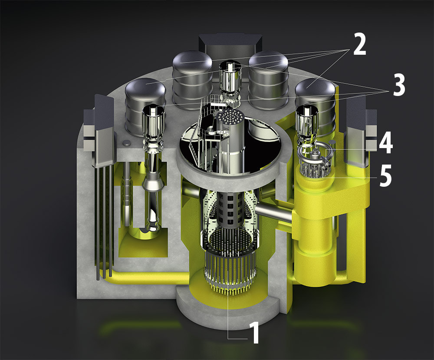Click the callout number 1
254,332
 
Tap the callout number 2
360,44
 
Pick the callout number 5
385,175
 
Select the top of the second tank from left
193,60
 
